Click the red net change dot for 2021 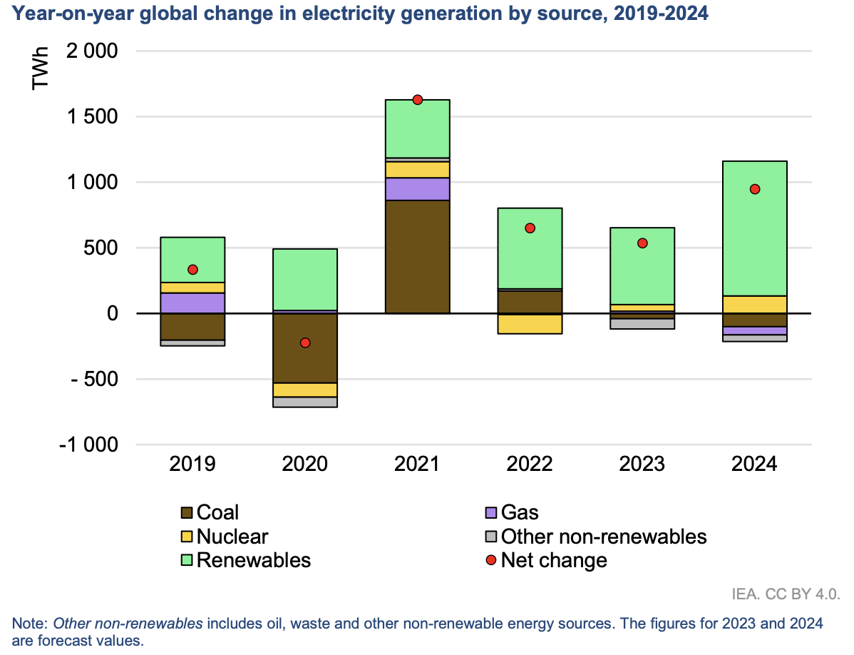point(418,100)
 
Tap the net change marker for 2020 point(305,343)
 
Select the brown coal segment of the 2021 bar point(418,257)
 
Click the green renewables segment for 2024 point(756,228)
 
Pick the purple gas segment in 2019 point(192,303)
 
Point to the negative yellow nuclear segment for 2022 point(530,324)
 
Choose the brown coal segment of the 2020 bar point(305,348)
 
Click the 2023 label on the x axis point(643,464)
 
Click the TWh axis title point(41,68)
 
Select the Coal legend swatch point(187,512)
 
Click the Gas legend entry point(520,512)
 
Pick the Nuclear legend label point(232,537)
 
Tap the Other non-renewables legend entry point(603,537)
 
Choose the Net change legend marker point(492,560)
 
